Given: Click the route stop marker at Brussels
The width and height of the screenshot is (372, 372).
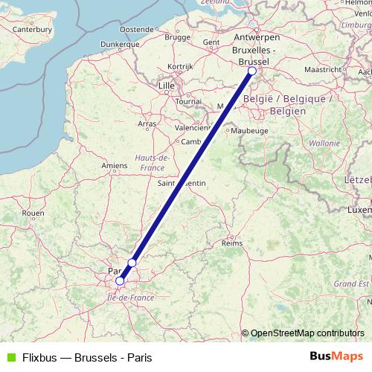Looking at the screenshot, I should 251,71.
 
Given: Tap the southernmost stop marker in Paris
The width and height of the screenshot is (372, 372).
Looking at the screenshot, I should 120,281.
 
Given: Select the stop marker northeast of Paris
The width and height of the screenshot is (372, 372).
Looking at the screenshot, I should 132,263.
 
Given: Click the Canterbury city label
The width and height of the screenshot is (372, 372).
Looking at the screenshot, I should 32,30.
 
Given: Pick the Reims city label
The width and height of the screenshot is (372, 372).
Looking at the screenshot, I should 234,243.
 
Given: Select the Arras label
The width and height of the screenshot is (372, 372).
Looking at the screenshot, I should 147,124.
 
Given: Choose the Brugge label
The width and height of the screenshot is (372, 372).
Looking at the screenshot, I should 178,36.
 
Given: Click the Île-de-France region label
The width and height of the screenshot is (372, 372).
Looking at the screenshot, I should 131,297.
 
